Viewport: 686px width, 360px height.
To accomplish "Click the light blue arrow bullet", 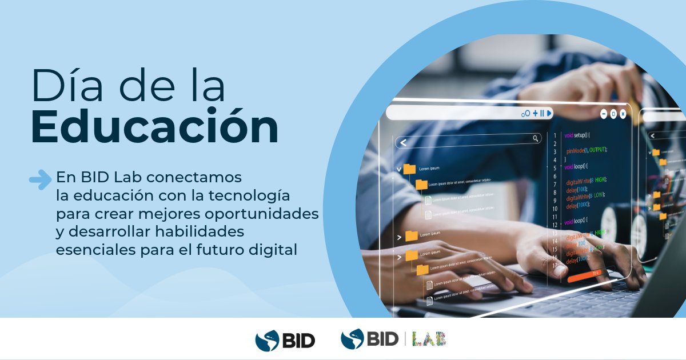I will (x=40, y=179).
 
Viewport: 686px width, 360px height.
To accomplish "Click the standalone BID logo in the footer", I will (x=285, y=340).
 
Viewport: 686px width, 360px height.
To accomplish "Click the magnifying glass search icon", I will (x=536, y=138).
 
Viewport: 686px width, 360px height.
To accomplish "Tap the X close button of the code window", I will (x=623, y=114).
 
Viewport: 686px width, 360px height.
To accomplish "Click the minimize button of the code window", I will (x=604, y=114).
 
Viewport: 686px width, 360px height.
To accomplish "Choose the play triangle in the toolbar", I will (x=549, y=113).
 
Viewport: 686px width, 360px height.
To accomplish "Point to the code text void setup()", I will (x=577, y=135).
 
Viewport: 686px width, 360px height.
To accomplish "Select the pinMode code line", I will (x=586, y=150).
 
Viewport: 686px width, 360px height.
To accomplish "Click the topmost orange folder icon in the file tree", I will (x=409, y=169).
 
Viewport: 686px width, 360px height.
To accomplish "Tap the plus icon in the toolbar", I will (x=535, y=113).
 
